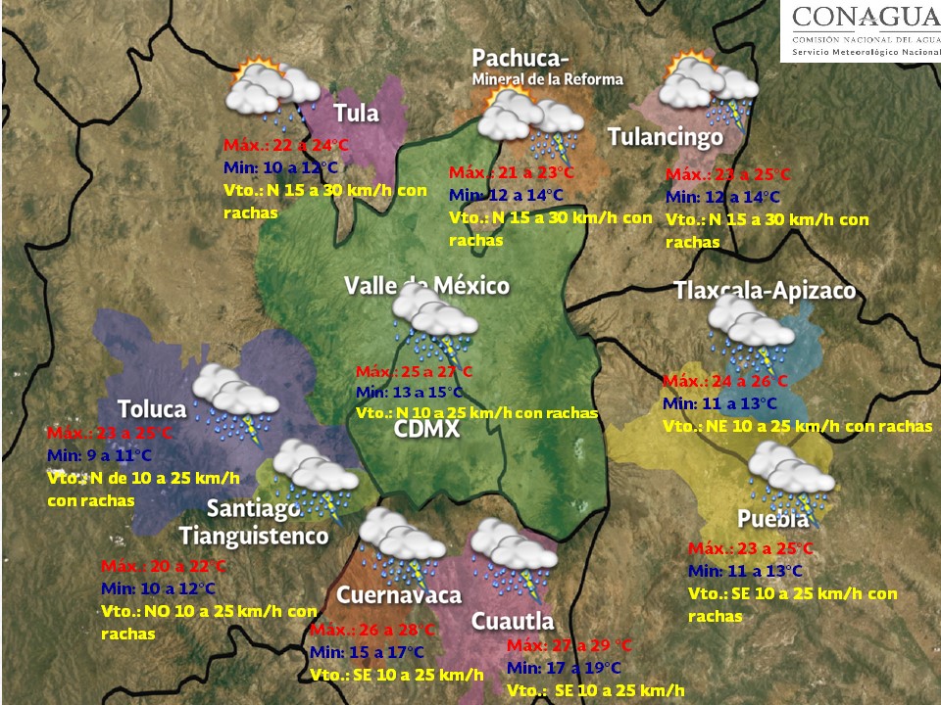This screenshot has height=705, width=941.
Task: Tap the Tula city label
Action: coord(356,113)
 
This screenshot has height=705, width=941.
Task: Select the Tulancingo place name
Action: coord(666,137)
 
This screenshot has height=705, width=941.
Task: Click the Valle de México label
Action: coord(426,286)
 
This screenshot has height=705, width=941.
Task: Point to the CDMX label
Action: coord(427,429)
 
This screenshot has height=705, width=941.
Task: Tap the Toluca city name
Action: coord(152,408)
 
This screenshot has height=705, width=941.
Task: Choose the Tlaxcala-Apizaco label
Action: coord(765,291)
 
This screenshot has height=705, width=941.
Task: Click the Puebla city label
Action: coord(773,519)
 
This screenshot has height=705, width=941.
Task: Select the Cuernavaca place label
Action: coord(399,595)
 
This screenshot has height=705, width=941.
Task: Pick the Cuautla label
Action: coord(513,621)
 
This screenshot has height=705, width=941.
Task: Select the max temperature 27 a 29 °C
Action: coord(570,646)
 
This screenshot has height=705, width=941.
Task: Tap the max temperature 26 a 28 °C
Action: coord(371,630)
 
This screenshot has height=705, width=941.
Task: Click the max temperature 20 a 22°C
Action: coord(164,567)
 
